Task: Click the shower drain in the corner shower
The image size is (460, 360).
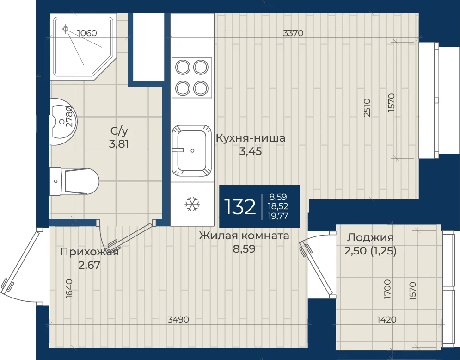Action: click(x=65, y=29)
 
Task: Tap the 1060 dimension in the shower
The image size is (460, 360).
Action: click(x=87, y=33)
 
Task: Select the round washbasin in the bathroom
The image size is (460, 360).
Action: click(x=63, y=122)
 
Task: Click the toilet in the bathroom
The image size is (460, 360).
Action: click(x=74, y=181)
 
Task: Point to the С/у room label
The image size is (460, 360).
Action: click(x=119, y=130)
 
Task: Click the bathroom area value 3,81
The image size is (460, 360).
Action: click(x=119, y=144)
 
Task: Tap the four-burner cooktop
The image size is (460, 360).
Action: click(x=192, y=78)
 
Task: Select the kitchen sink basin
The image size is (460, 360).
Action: click(x=192, y=151)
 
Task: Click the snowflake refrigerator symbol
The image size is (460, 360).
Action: click(x=192, y=204)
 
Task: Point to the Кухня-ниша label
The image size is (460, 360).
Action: click(x=251, y=138)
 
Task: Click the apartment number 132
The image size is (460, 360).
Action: click(x=239, y=207)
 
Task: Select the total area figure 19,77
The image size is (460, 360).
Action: click(x=278, y=216)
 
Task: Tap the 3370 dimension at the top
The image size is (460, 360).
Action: click(x=294, y=33)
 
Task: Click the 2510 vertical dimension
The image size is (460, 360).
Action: click(x=367, y=108)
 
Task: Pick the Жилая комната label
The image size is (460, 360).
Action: click(x=244, y=236)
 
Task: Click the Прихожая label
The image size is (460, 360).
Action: click(x=89, y=252)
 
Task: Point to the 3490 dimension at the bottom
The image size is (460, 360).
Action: click(x=178, y=319)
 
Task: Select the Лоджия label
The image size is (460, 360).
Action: click(x=370, y=237)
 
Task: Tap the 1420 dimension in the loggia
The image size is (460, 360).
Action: click(x=386, y=319)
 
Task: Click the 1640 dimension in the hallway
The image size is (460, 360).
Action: click(x=69, y=289)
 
